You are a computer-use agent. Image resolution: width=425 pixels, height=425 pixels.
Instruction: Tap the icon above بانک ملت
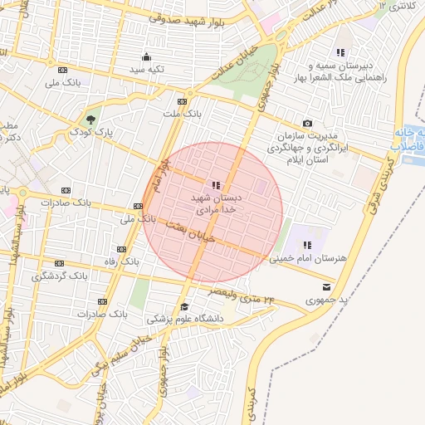coord(183,100)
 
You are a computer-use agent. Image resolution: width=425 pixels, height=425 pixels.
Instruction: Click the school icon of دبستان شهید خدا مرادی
coord(216,185)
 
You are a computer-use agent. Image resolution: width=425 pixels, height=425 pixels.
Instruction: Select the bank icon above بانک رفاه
coord(122,249)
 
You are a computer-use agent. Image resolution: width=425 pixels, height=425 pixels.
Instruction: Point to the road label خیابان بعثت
coord(191,232)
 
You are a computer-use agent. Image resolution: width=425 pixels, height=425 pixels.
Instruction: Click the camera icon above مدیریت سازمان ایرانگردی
coord(308,123)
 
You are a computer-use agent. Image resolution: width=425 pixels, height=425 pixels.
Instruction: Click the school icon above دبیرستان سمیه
coord(340,52)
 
